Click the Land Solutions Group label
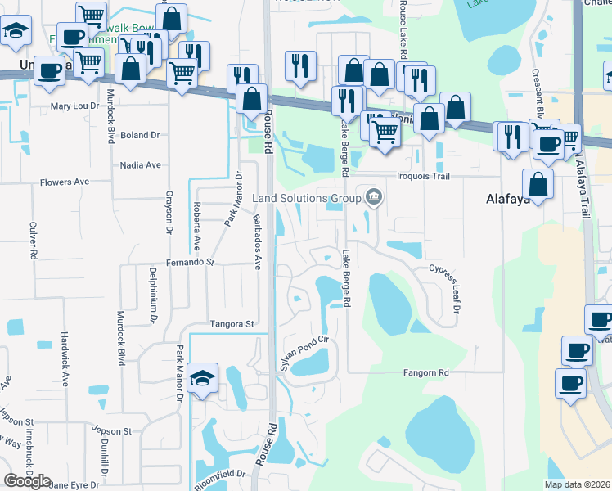click(306, 198)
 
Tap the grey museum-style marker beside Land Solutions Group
click(374, 197)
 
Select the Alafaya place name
click(510, 198)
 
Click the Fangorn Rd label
click(426, 372)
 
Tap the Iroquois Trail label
click(425, 176)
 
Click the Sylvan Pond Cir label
click(304, 353)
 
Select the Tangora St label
click(232, 324)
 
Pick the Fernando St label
click(190, 263)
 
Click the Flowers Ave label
click(64, 182)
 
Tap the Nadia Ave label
click(141, 164)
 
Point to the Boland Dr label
click(139, 135)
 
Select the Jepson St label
click(112, 430)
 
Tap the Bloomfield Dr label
click(220, 479)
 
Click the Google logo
click(27, 481)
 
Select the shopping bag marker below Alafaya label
click(538, 185)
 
